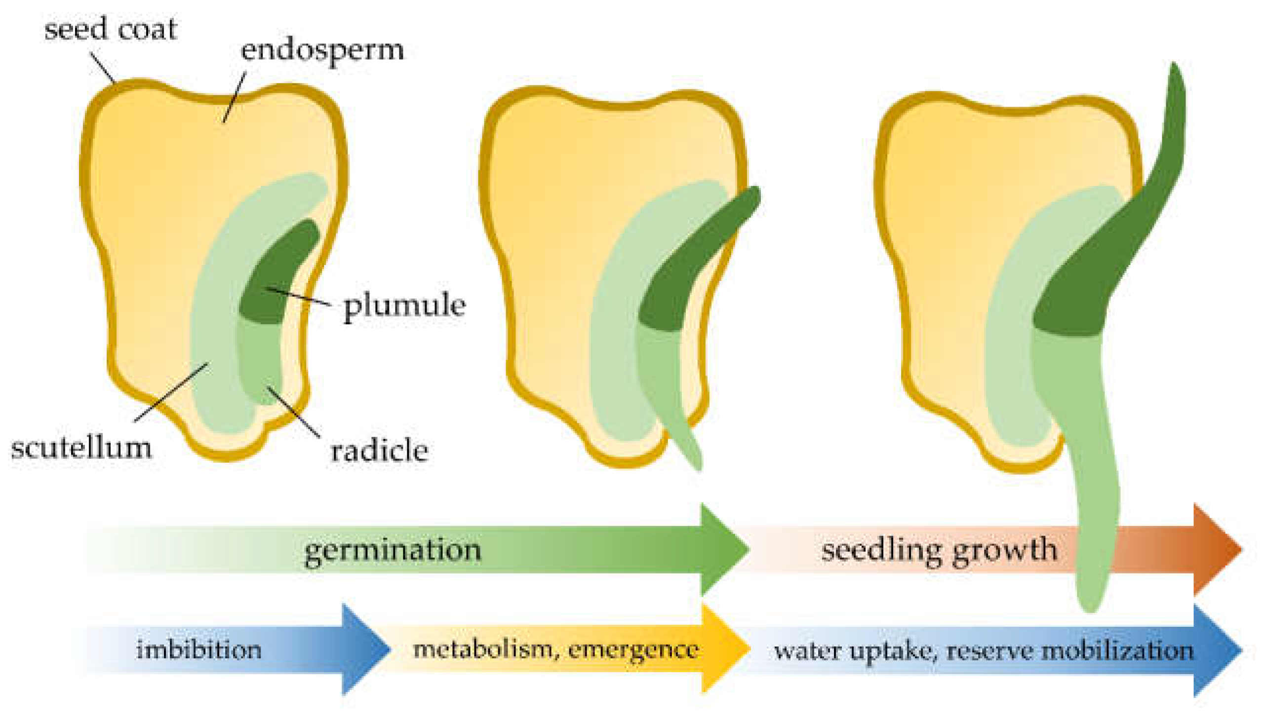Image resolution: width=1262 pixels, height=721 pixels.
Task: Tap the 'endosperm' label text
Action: pos(322,50)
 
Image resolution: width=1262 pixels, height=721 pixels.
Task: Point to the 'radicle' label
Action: pos(379,451)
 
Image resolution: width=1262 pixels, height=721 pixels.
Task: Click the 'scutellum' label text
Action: pos(82,448)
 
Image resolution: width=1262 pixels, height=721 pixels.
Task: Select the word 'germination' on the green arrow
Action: pos(393,550)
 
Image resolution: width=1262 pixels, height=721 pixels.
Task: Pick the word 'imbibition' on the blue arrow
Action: pos(199,650)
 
